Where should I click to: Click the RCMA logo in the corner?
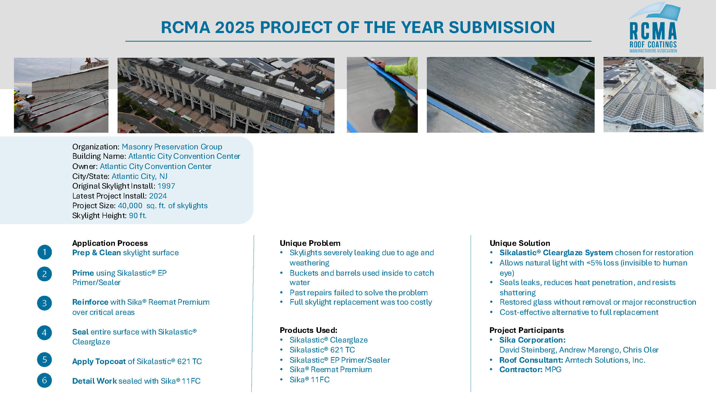654,28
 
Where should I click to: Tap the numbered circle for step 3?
45,303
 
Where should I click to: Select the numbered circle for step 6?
45,380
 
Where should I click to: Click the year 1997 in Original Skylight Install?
166,186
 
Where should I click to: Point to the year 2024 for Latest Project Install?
158,196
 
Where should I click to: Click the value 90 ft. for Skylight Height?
138,215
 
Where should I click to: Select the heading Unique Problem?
310,243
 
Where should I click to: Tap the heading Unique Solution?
520,243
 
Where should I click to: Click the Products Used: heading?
308,330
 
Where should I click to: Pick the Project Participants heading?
527,330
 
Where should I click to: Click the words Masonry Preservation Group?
172,147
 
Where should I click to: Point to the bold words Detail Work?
95,381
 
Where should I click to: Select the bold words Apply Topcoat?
99,361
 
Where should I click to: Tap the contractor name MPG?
553,370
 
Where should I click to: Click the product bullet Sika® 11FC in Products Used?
310,380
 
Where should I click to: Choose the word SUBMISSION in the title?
502,27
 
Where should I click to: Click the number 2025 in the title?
235,27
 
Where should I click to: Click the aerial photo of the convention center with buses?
226,95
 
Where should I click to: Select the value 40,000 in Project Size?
130,206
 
